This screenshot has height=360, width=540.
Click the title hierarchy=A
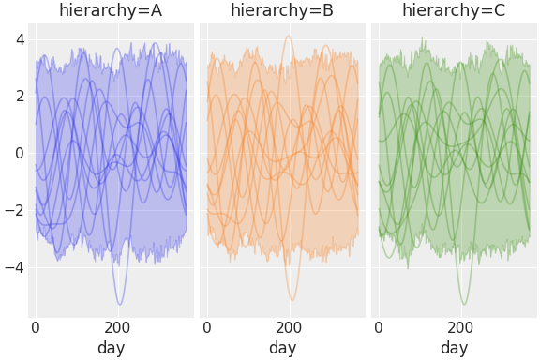click(x=111, y=10)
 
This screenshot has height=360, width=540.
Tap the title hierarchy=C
click(x=454, y=10)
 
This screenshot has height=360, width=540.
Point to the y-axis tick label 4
click(x=19, y=39)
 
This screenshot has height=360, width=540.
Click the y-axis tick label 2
click(x=19, y=97)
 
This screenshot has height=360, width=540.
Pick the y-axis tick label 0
click(x=19, y=154)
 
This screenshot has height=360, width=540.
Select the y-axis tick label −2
click(x=15, y=210)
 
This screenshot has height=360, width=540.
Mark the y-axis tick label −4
click(x=15, y=267)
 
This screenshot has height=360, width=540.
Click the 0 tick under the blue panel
click(x=36, y=328)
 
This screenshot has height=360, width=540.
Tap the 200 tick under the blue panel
click(x=118, y=328)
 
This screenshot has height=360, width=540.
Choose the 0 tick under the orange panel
click(x=207, y=328)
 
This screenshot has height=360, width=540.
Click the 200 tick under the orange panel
click(x=290, y=328)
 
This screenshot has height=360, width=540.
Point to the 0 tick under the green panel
click(x=379, y=328)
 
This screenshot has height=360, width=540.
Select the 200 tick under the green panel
click(x=461, y=328)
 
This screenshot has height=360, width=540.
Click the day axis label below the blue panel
click(x=111, y=348)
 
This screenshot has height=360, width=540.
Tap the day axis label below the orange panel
click(x=282, y=348)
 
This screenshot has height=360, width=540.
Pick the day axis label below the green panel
click(x=454, y=348)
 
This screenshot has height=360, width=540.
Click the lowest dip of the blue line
click(x=120, y=305)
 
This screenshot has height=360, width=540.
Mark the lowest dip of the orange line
click(x=292, y=301)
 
